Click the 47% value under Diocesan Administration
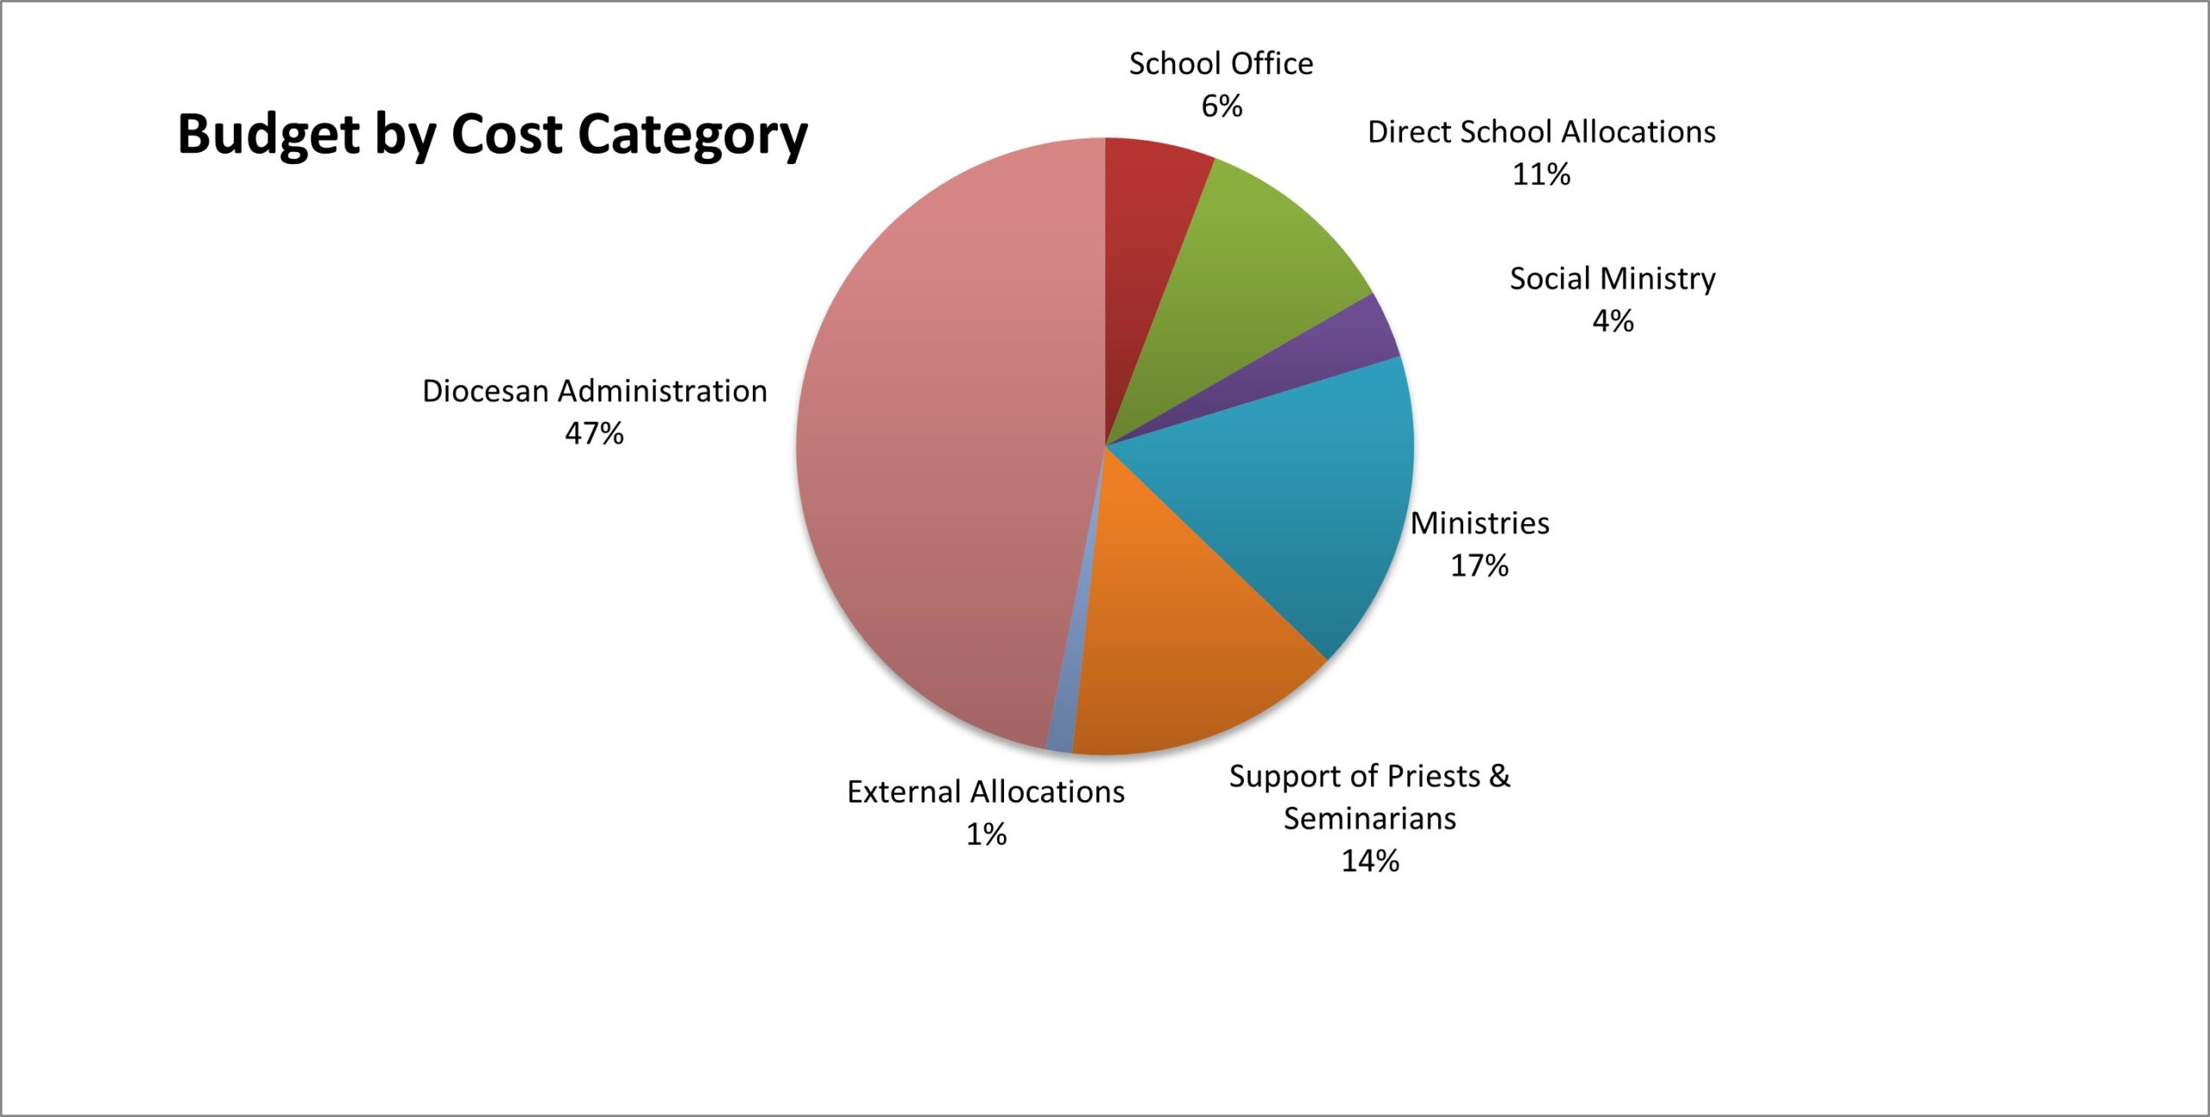(x=594, y=433)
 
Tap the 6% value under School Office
(x=1222, y=106)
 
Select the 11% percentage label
(x=1541, y=174)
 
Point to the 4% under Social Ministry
(x=1613, y=321)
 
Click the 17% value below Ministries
(x=1479, y=565)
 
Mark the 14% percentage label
(x=1370, y=861)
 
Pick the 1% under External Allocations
(x=986, y=834)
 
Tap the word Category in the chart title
(x=692, y=136)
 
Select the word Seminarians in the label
(x=1370, y=818)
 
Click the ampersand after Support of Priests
(x=1500, y=775)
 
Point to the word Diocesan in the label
(x=485, y=391)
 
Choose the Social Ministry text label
(x=1613, y=279)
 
